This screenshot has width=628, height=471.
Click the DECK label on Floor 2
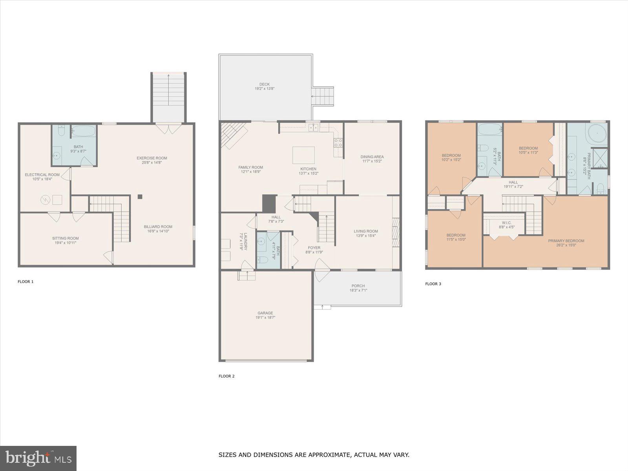(264, 84)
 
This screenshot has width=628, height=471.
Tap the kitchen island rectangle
(303, 155)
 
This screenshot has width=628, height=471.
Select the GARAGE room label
(265, 313)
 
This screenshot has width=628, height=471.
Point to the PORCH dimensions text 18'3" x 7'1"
(358, 290)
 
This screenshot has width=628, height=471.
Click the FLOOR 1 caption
(26, 281)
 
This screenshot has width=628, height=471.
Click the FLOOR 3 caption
(433, 284)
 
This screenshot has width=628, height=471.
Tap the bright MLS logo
(38, 458)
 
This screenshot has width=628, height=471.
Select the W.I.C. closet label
(506, 223)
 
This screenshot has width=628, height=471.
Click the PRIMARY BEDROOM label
(566, 241)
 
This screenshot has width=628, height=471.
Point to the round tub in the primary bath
(597, 133)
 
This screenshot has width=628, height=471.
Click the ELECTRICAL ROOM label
(42, 175)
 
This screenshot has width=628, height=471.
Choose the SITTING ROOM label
(66, 238)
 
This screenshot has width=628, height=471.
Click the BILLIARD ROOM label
(158, 226)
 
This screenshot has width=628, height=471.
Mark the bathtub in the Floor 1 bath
(84, 131)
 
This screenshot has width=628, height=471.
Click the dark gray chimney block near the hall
(269, 204)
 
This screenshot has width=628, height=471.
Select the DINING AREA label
(372, 157)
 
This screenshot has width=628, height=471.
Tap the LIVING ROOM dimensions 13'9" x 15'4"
(366, 236)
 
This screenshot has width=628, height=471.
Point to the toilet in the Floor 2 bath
(263, 259)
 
